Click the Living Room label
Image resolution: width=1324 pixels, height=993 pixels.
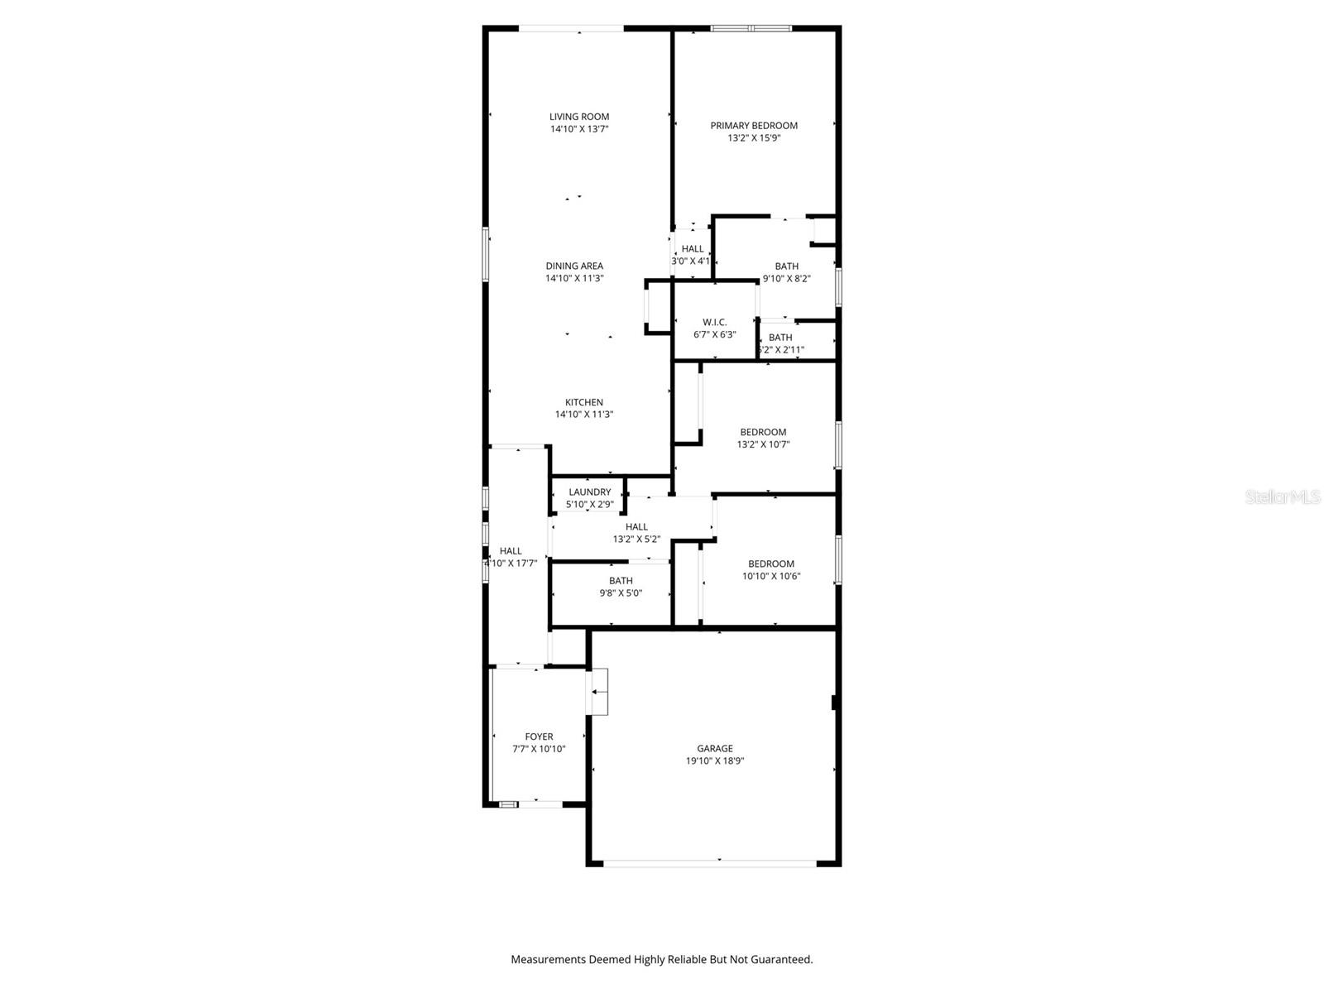pos(579,117)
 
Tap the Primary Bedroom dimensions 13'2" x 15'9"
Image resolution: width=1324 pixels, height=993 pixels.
pos(754,138)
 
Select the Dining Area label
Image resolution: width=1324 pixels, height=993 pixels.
pos(574,266)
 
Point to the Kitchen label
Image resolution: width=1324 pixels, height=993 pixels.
pos(584,402)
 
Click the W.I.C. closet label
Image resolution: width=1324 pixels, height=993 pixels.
pos(714,322)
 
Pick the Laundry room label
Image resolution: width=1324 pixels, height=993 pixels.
pos(589,492)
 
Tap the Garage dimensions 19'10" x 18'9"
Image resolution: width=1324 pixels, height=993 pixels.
pos(715,761)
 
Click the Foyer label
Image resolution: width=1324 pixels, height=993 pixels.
pos(539,736)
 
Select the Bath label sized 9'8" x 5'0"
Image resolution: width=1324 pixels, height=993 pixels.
pos(621,581)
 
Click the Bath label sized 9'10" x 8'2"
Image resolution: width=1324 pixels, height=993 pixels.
pos(787,266)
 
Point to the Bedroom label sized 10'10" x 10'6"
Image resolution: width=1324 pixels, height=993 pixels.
pos(771,564)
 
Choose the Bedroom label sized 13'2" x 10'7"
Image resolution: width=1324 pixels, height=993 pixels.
pos(763,432)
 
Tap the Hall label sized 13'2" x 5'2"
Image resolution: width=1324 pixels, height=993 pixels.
pos(636,527)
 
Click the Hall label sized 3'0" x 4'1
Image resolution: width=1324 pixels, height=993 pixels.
pos(693,248)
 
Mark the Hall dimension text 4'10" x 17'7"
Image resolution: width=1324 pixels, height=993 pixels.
pos(511,564)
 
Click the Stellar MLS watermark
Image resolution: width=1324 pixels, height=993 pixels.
pos(1283,496)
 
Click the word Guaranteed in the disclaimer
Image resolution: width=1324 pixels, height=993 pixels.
pos(781,960)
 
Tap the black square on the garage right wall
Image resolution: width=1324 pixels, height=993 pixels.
pos(835,702)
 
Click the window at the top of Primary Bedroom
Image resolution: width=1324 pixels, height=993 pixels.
pos(751,28)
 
